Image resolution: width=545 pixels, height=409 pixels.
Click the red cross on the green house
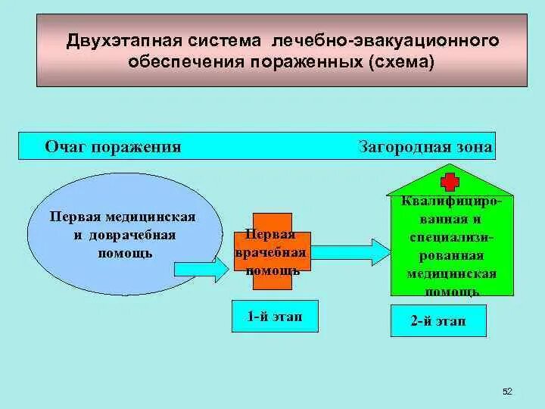click(x=450, y=182)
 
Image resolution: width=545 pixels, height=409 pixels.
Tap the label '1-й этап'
click(x=274, y=317)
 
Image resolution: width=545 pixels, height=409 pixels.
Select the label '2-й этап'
click(x=438, y=321)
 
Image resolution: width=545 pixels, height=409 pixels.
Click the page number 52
click(x=507, y=391)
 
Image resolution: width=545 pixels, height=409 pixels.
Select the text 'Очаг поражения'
click(x=113, y=146)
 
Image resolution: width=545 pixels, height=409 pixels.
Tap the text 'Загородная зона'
click(x=425, y=146)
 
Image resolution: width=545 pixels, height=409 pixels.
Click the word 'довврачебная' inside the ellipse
click(x=132, y=235)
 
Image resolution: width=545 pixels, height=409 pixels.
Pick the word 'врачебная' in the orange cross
click(x=270, y=252)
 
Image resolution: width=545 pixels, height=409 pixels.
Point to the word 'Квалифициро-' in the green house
click(x=451, y=202)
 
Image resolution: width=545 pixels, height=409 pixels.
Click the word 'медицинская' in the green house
click(x=451, y=273)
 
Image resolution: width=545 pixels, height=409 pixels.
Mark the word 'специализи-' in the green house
click(x=451, y=238)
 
